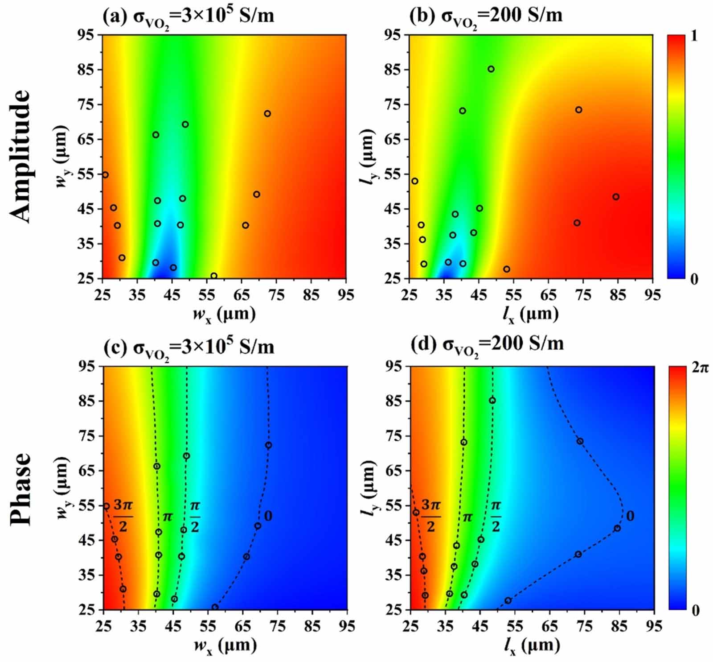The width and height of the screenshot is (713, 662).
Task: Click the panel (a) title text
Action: [x=188, y=16]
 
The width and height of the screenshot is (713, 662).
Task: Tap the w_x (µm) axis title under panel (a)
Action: [x=224, y=314]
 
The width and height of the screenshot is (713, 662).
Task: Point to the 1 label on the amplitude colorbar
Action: [x=693, y=36]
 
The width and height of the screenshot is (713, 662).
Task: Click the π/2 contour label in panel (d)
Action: [x=496, y=516]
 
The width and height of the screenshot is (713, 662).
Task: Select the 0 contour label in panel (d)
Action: [x=630, y=516]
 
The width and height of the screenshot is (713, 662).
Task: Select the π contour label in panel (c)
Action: [x=168, y=517]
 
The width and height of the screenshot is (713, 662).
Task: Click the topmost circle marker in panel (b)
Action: [x=491, y=69]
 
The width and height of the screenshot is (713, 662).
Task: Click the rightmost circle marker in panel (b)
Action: [x=615, y=197]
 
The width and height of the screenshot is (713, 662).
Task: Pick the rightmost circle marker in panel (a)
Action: [x=267, y=113]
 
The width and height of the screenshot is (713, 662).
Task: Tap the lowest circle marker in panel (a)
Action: [x=213, y=276]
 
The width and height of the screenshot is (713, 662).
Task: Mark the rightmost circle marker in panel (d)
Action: [x=617, y=528]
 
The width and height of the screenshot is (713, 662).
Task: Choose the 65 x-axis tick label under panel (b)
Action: [x=548, y=295]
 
